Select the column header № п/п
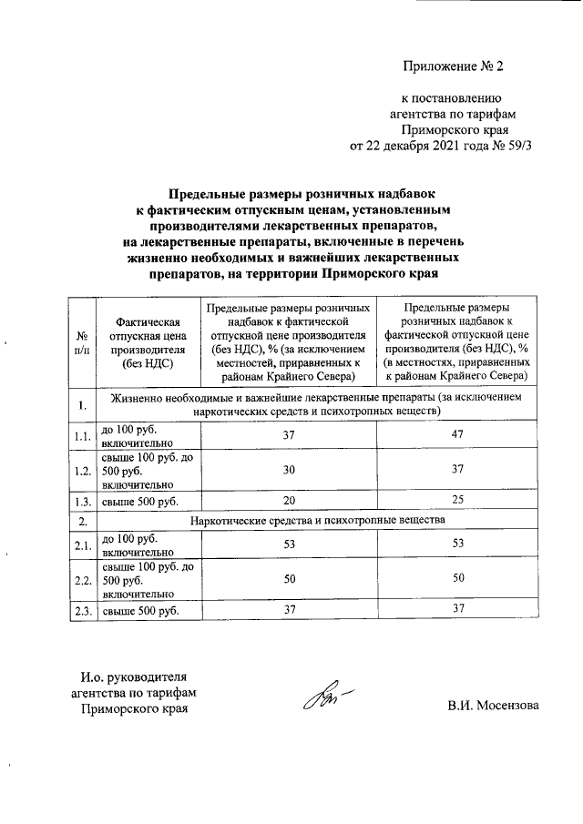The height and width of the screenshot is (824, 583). click(x=82, y=342)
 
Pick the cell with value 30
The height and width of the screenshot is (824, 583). click(x=289, y=469)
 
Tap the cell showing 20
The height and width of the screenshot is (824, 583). click(x=289, y=501)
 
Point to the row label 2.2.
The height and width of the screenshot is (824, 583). click(x=82, y=579)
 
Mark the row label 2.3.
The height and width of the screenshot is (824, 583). click(x=82, y=611)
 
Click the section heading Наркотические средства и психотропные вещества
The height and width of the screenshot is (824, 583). click(x=317, y=520)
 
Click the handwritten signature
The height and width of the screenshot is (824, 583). click(x=324, y=697)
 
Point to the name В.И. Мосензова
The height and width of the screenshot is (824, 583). click(x=492, y=706)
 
